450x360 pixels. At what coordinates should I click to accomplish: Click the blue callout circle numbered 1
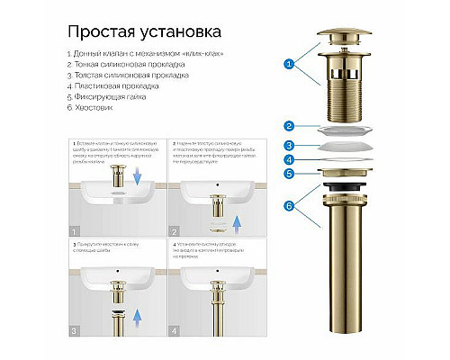(x=288, y=65)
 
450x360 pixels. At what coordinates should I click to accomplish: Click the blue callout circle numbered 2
(x=288, y=127)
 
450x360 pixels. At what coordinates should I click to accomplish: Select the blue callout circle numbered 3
(x=288, y=145)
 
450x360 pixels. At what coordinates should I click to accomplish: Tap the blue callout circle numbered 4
(x=288, y=160)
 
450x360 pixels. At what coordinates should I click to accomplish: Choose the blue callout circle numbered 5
(x=288, y=174)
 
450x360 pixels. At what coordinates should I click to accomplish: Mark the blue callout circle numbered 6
(x=288, y=205)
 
